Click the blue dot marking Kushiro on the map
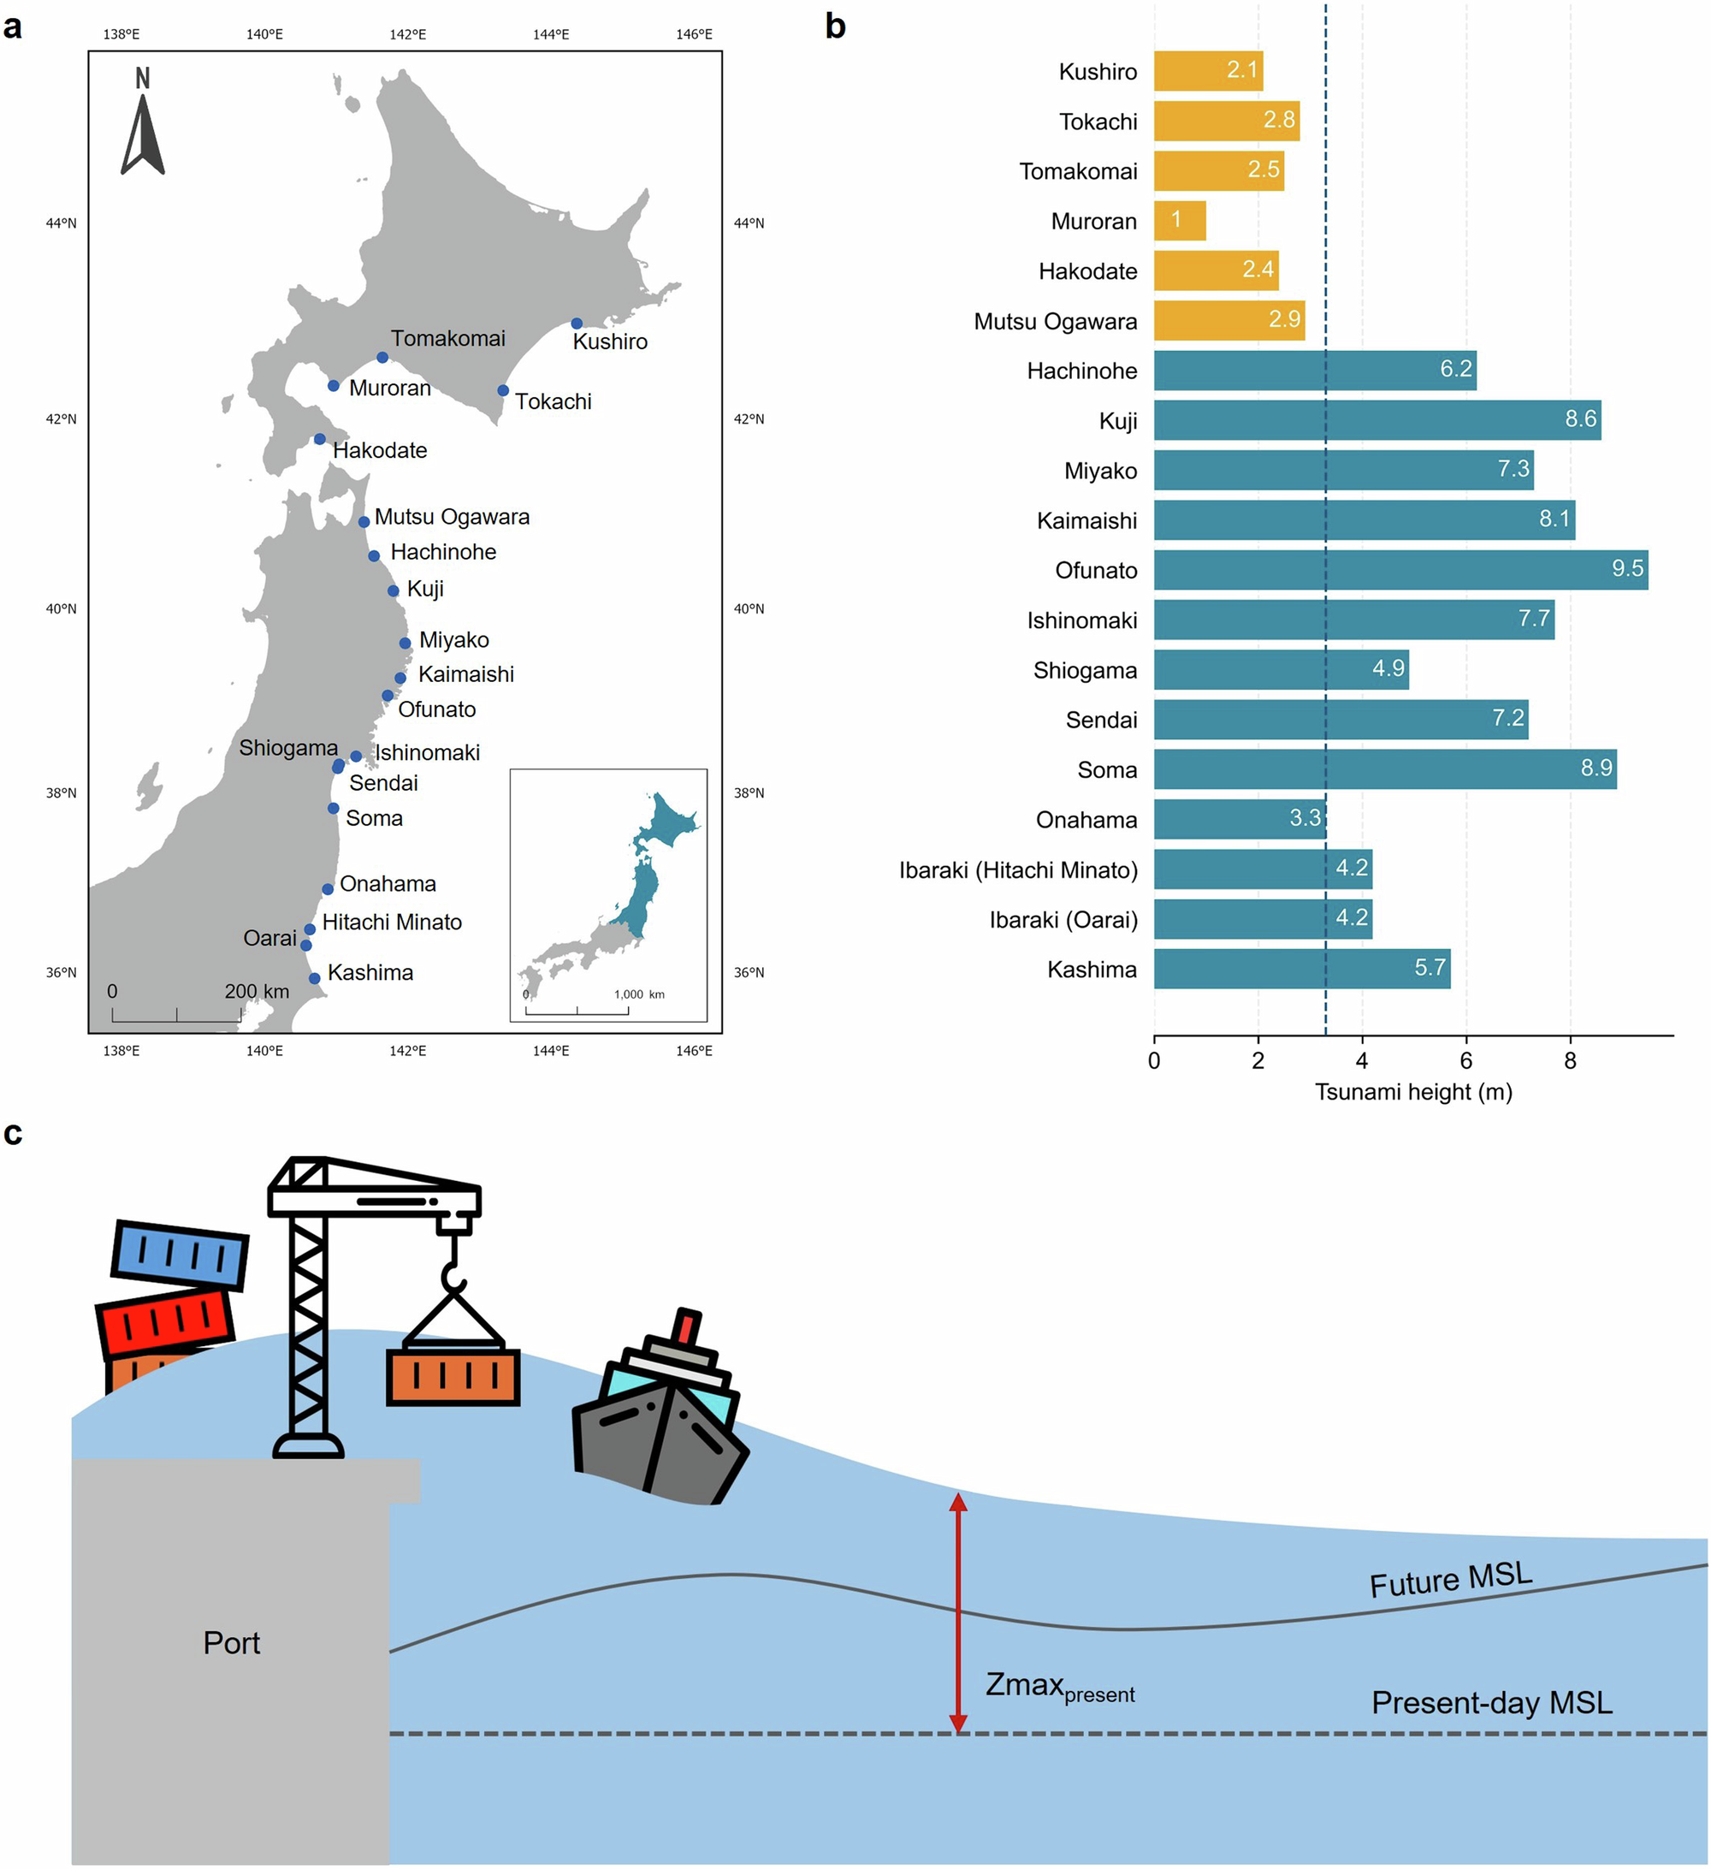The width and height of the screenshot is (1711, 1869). [577, 323]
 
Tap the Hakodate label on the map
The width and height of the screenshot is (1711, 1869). [380, 450]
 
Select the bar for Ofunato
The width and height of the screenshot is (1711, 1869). [1400, 570]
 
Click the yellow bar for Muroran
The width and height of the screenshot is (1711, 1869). [1179, 221]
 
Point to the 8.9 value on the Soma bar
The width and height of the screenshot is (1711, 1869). [1596, 768]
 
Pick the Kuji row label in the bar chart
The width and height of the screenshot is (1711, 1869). [1118, 421]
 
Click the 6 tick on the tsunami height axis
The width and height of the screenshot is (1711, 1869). [1465, 1060]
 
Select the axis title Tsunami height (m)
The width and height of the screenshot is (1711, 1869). [1412, 1092]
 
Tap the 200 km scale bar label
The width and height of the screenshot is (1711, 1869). [257, 991]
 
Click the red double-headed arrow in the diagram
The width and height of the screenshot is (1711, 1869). [958, 1612]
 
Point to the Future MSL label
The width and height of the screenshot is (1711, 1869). [1451, 1580]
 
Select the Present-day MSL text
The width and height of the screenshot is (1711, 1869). [1491, 1703]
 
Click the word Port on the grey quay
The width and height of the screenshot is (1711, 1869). [232, 1643]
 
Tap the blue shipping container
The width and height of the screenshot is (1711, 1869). [180, 1255]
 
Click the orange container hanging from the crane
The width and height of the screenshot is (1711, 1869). [453, 1376]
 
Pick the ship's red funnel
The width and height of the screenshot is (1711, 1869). [687, 1326]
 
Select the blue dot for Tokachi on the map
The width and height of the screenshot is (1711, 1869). [503, 390]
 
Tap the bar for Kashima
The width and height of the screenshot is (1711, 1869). [1301, 969]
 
